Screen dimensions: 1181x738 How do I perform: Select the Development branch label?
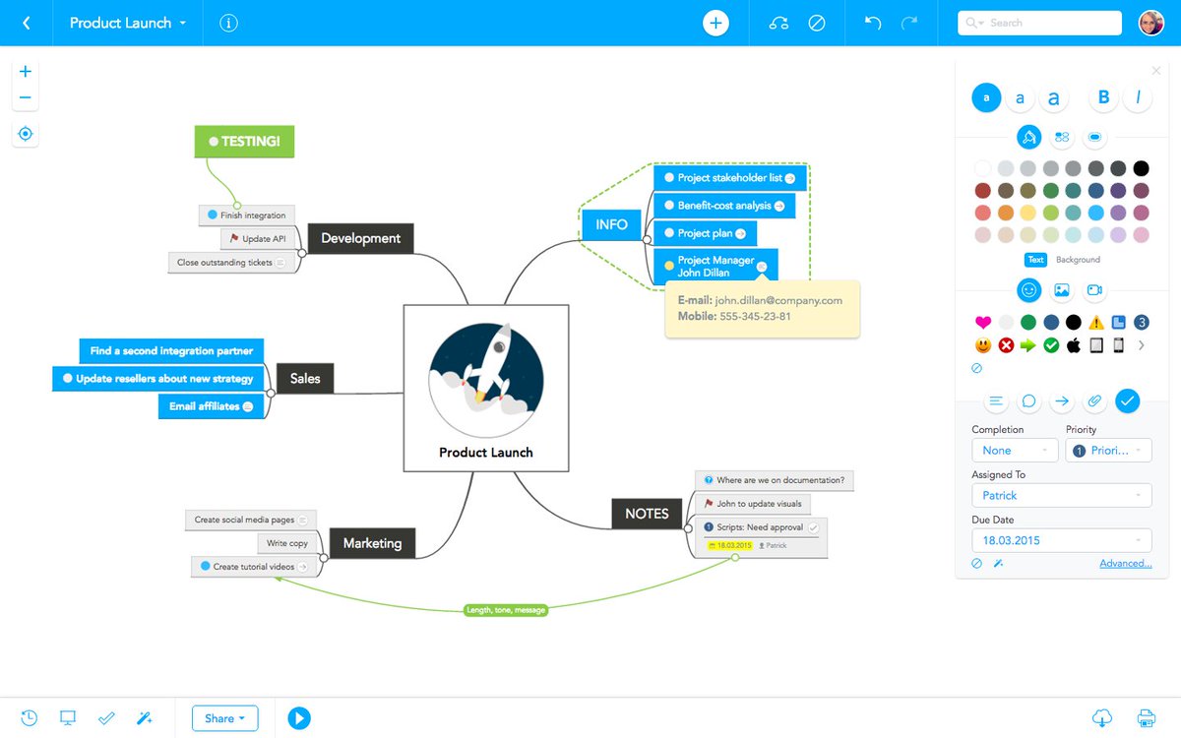pyautogui.click(x=360, y=238)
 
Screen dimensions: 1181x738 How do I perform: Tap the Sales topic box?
pyautogui.click(x=305, y=378)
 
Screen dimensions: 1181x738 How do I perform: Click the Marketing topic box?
pyautogui.click(x=372, y=543)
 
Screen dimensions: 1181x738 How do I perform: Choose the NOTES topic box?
pyautogui.click(x=647, y=514)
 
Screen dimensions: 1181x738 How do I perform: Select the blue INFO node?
pyautogui.click(x=611, y=224)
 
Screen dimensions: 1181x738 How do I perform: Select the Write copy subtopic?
pyautogui.click(x=286, y=543)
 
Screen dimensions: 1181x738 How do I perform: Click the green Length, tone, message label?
pyautogui.click(x=505, y=610)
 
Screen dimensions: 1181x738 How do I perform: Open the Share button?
pyautogui.click(x=225, y=718)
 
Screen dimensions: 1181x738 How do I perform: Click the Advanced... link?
pyautogui.click(x=1126, y=564)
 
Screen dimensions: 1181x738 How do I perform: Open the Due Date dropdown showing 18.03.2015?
pyautogui.click(x=1061, y=540)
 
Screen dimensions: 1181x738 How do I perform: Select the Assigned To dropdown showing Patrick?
pyautogui.click(x=1061, y=496)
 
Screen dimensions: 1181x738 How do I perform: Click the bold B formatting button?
pyautogui.click(x=1103, y=97)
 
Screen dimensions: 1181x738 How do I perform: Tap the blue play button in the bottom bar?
pyautogui.click(x=299, y=718)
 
